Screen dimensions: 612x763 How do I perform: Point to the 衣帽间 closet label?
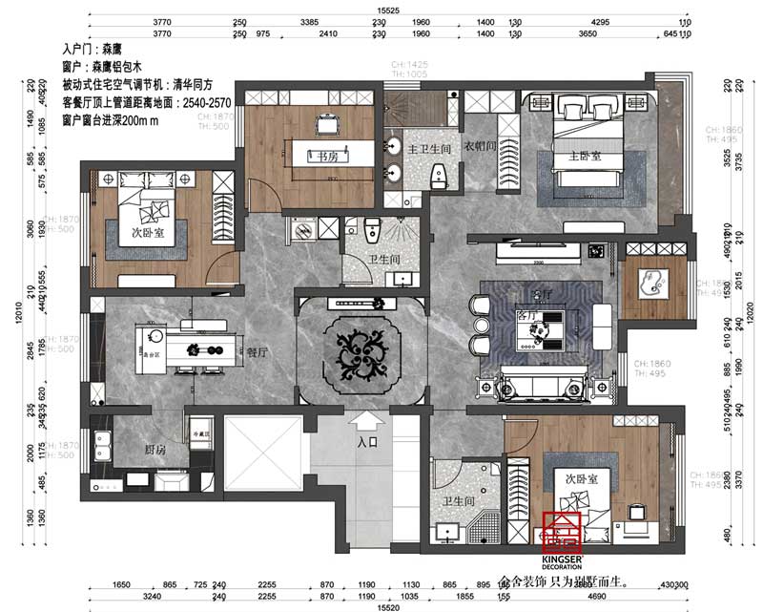[479, 148]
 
